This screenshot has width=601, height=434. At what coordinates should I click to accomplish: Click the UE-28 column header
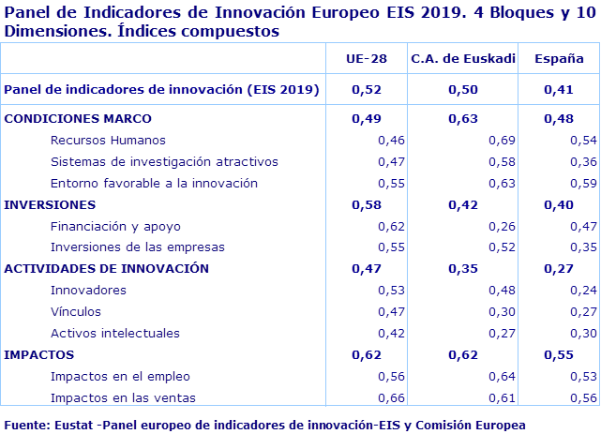[x=368, y=58]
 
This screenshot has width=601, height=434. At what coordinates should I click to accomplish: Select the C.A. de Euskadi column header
[x=463, y=58]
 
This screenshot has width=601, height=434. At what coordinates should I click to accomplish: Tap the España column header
[x=560, y=58]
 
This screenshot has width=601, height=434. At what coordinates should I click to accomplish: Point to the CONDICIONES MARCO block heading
[x=78, y=118]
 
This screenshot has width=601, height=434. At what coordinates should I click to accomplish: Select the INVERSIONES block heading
[x=50, y=203]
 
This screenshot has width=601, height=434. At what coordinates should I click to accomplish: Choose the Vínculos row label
[x=76, y=311]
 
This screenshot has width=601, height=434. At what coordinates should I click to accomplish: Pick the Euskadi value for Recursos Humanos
[x=503, y=140]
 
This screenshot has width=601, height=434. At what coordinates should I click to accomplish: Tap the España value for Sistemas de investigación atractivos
[x=584, y=161]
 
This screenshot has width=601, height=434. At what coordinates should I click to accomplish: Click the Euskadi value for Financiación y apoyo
[x=503, y=226]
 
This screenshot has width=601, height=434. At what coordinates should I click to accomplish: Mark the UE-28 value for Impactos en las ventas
[x=391, y=397]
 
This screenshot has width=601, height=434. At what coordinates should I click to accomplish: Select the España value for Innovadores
[x=584, y=290]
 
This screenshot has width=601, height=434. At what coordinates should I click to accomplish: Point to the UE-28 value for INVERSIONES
[x=367, y=203]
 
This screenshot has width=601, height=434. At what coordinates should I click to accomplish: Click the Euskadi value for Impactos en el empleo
[x=503, y=376]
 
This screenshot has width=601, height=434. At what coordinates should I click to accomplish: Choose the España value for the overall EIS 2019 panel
[x=560, y=90]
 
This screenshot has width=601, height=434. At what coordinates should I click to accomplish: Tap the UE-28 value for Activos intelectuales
[x=391, y=333]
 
